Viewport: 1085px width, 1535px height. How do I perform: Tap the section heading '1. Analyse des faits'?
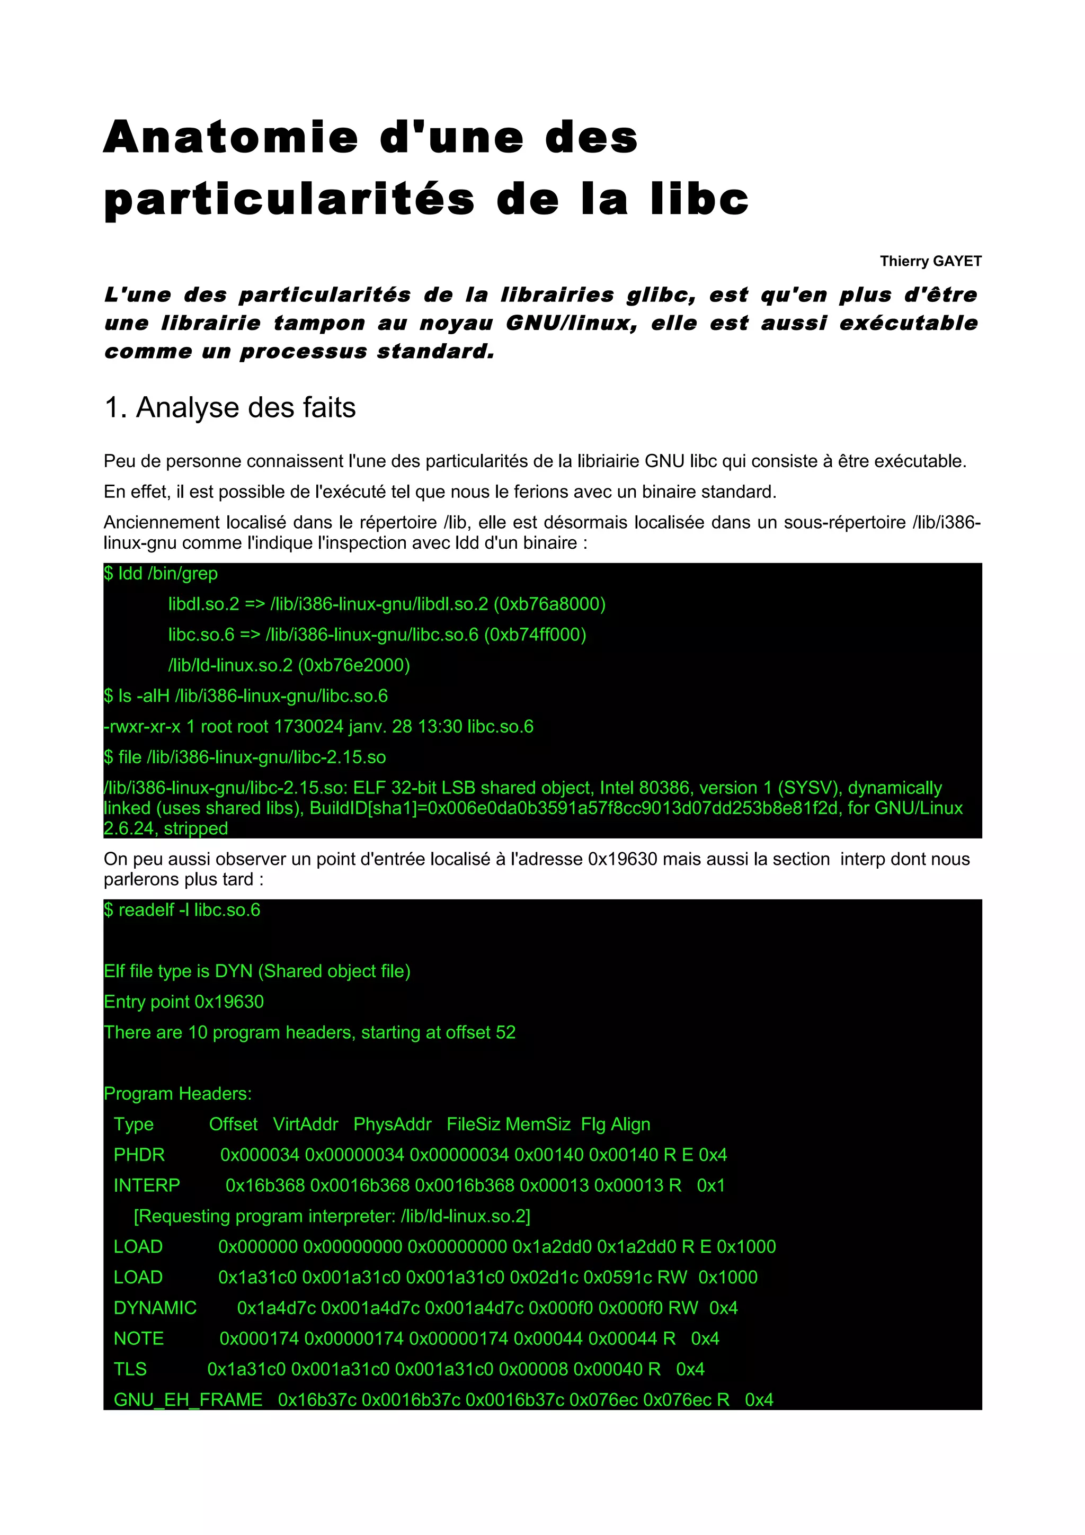pos(230,408)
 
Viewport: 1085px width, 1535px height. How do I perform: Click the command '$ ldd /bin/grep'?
pos(161,574)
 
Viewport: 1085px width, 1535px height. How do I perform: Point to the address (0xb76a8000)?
pos(549,604)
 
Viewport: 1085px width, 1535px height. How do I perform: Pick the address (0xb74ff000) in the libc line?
pos(535,635)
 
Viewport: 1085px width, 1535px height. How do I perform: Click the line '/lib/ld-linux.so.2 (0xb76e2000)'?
pos(289,665)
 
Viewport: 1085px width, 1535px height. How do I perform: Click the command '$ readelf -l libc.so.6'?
pos(182,910)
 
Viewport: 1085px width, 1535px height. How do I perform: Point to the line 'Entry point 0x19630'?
pos(184,1002)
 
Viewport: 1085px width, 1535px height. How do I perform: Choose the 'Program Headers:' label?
pos(178,1094)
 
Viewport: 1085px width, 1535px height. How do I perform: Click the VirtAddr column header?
pos(306,1125)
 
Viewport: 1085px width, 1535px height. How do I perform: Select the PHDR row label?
pos(139,1155)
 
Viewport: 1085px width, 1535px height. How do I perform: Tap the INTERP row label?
pos(146,1185)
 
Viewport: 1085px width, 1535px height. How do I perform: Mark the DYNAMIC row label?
pos(155,1308)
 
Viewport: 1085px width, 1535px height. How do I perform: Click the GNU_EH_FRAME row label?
pos(188,1400)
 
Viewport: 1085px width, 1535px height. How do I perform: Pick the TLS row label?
pos(130,1369)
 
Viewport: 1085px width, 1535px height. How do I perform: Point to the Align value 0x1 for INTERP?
pos(710,1185)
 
